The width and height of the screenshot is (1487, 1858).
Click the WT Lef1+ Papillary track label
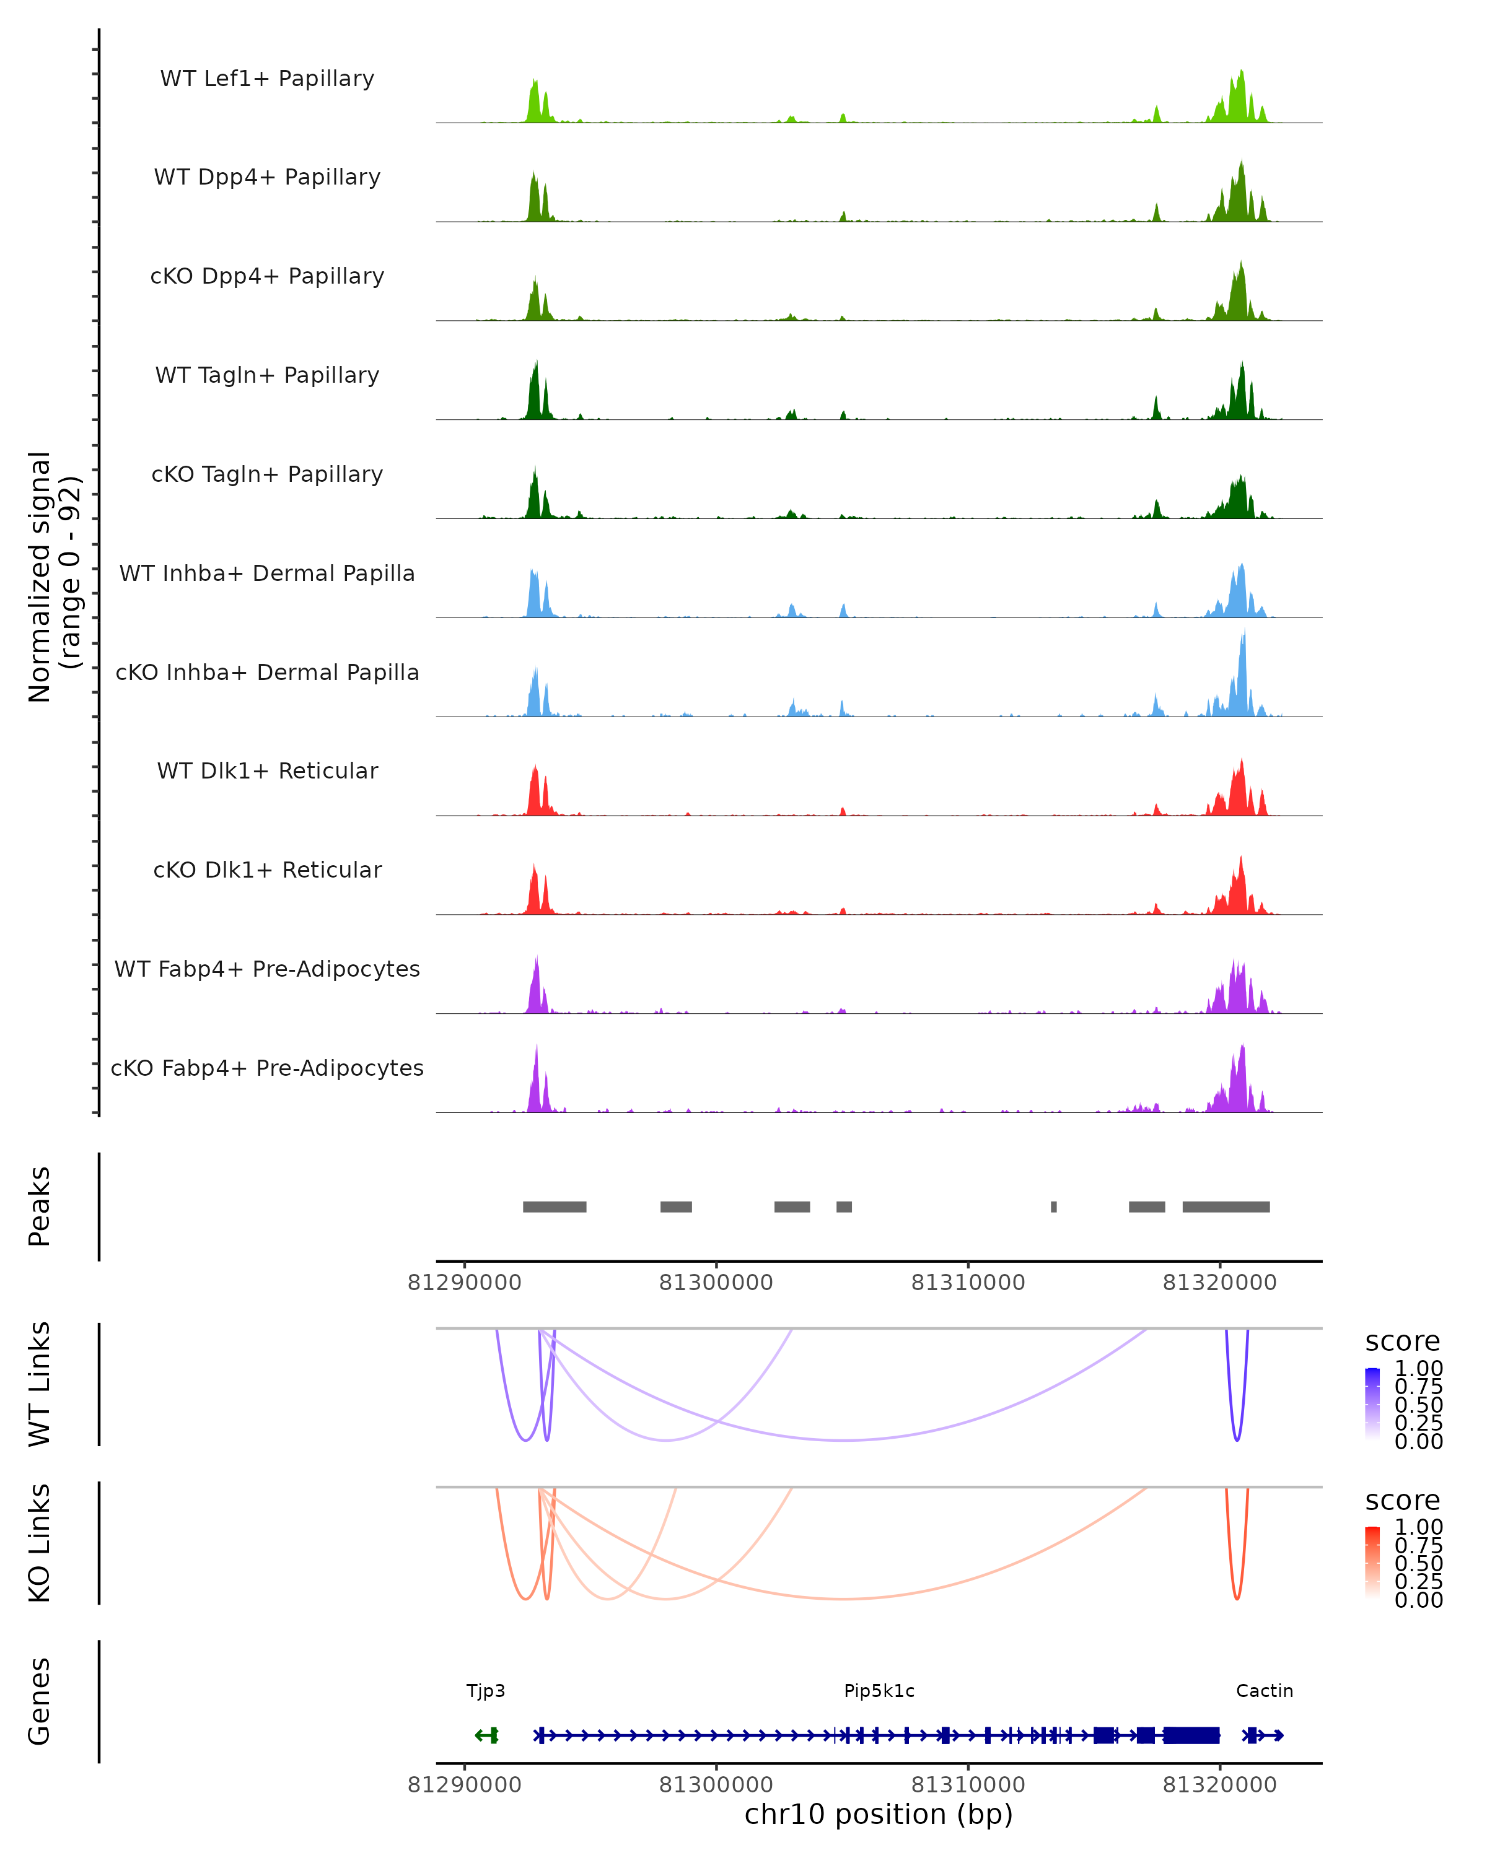coord(267,79)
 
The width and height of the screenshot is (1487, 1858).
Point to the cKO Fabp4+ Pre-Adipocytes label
coord(267,1068)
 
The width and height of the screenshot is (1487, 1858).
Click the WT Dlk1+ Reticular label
coord(267,770)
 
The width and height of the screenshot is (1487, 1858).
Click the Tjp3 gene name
coord(485,1691)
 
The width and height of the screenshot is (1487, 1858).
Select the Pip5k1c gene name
coord(879,1691)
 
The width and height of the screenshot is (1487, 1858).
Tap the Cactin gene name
coord(1264,1691)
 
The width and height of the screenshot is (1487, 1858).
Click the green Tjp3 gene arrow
coord(487,1735)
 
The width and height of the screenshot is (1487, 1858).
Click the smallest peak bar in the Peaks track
coord(1053,1206)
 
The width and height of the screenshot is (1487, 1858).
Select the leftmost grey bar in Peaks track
coord(555,1206)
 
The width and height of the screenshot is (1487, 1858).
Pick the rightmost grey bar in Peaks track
coord(1225,1206)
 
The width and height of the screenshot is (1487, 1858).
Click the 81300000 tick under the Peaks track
coord(716,1283)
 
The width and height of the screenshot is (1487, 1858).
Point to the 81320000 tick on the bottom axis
coord(1219,1785)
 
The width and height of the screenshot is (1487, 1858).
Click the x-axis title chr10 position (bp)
coord(879,1814)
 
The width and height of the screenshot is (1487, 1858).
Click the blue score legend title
coord(1401,1341)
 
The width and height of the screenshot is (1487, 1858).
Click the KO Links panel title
coord(40,1543)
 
